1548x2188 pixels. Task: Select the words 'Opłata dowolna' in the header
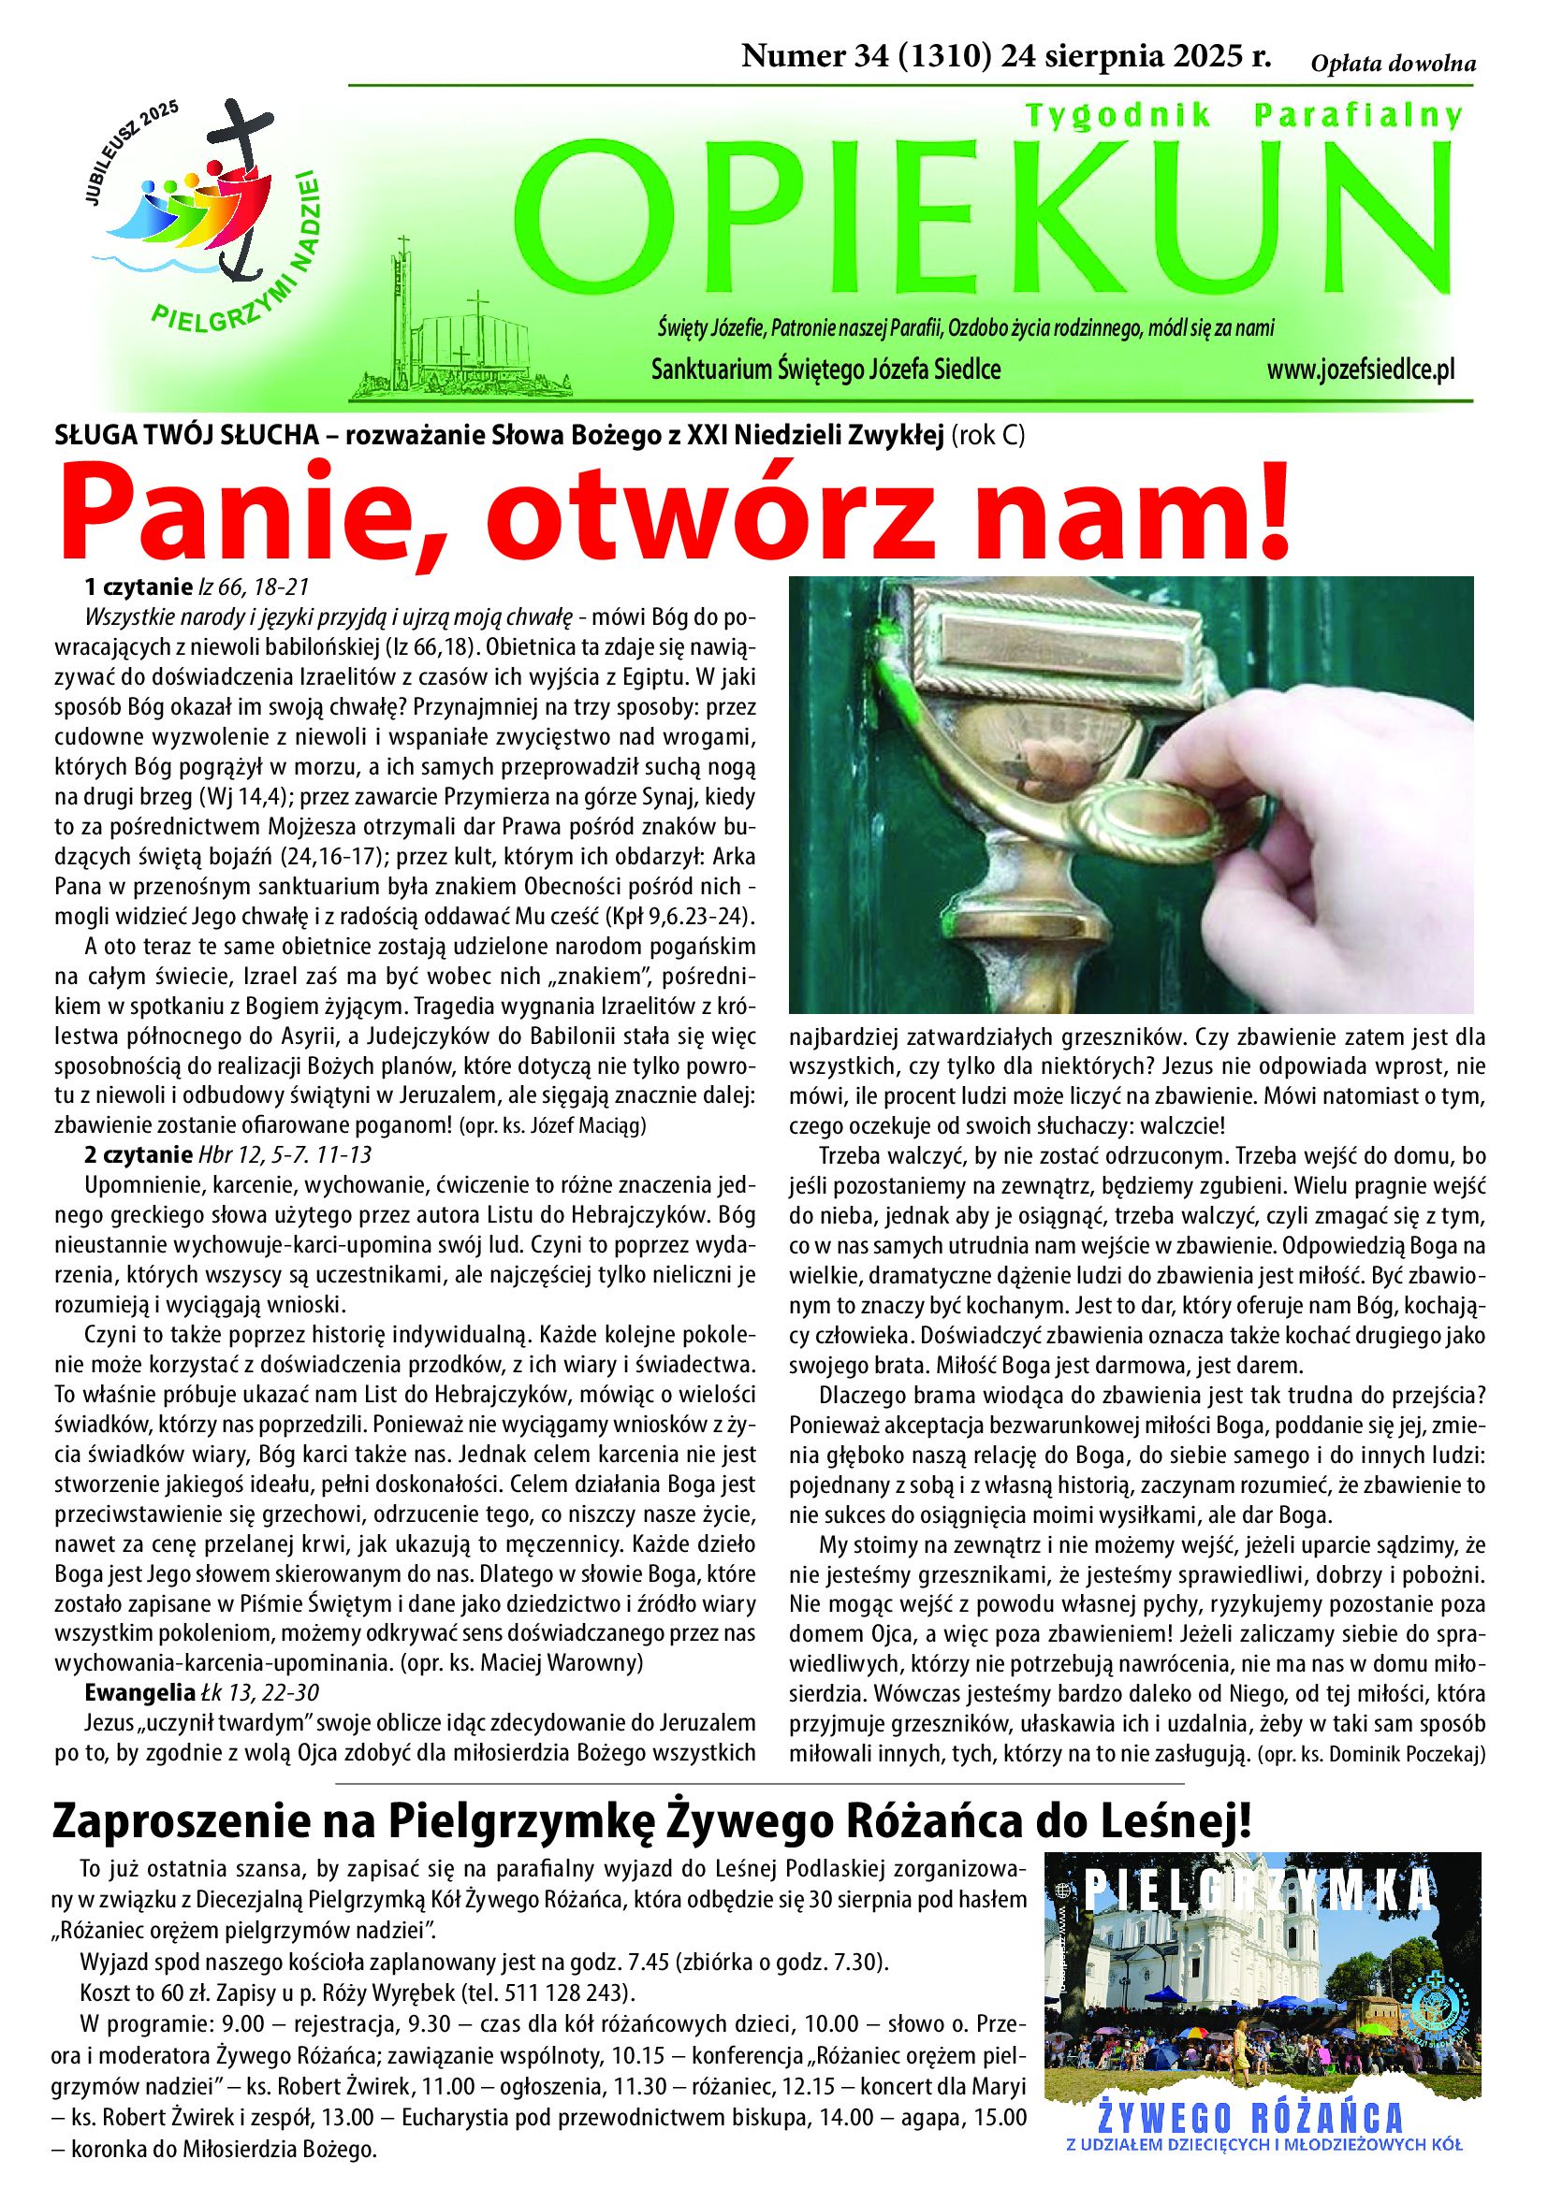point(1393,64)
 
